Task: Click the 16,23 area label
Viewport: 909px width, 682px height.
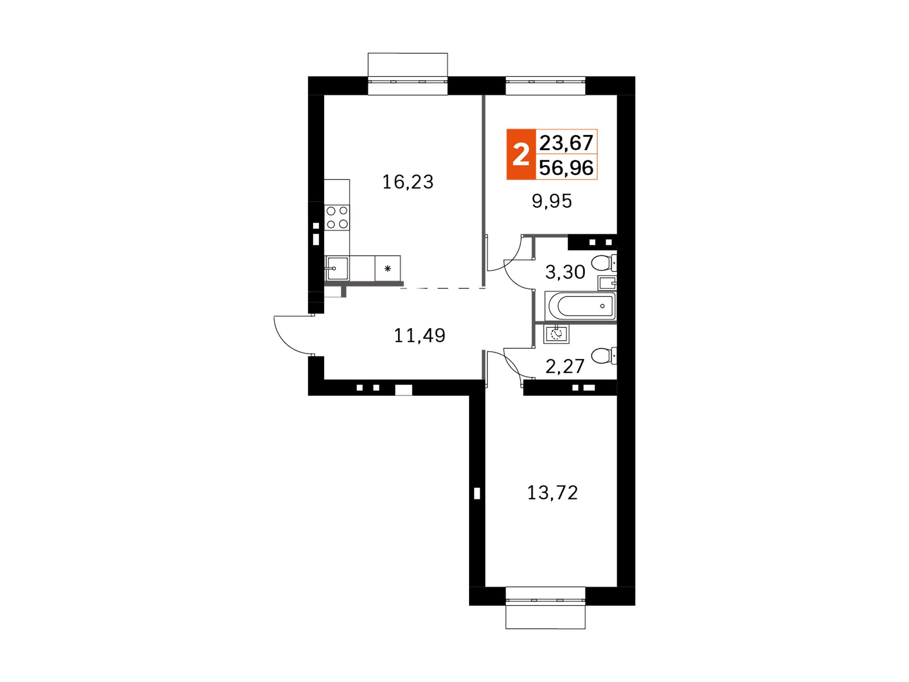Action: (408, 182)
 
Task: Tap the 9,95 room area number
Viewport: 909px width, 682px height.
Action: (552, 202)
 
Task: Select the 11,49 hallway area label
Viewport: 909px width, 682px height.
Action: (420, 336)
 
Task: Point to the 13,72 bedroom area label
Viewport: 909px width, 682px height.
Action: (552, 493)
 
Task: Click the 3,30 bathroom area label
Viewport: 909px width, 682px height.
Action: (565, 272)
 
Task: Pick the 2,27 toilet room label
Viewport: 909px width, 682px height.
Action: (565, 366)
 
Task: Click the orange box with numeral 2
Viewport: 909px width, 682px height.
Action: (521, 155)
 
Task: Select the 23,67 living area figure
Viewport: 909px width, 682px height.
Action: (566, 143)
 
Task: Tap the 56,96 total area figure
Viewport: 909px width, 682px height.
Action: (566, 168)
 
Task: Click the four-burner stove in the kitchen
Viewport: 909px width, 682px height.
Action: (337, 217)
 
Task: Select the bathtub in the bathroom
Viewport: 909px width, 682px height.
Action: (581, 306)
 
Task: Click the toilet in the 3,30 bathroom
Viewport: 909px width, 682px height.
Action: (604, 263)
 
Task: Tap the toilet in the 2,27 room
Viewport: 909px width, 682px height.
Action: (604, 356)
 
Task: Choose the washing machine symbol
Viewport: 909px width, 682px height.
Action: (556, 334)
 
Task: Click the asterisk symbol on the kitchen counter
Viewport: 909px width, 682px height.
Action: (388, 269)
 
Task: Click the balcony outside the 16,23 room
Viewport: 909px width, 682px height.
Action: (407, 65)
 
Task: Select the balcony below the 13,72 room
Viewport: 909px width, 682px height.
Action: (545, 617)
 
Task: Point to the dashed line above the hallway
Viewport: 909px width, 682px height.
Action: (443, 288)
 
